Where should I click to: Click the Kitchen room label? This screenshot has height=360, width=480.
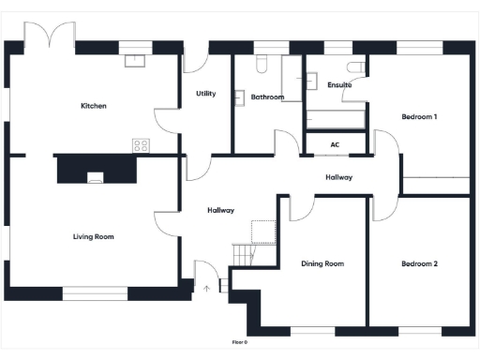[x=94, y=106]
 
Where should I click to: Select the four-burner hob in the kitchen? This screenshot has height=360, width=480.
[x=142, y=145]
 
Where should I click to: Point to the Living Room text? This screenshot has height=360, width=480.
[x=94, y=236]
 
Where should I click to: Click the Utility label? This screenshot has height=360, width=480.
[x=206, y=94]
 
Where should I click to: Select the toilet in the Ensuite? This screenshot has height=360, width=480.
[x=355, y=67]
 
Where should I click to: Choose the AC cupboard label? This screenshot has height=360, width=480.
[x=335, y=145]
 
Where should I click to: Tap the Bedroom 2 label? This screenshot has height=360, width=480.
[x=419, y=264]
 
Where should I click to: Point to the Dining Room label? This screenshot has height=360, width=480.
[x=322, y=264]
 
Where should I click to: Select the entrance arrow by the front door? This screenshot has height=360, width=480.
[x=207, y=288]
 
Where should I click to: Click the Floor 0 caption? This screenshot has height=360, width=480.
[x=240, y=342]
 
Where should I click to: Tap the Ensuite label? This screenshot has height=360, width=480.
[x=339, y=85]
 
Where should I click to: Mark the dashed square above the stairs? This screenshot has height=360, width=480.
[x=262, y=232]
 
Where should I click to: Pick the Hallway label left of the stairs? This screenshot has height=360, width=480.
[x=220, y=210]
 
